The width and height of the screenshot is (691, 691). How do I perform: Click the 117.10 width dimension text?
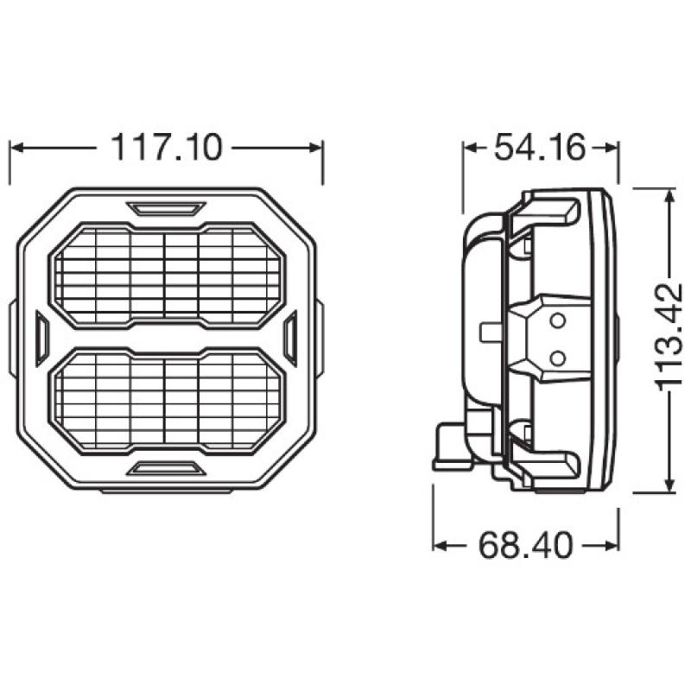click(x=166, y=147)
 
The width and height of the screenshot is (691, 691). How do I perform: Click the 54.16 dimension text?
click(x=541, y=147)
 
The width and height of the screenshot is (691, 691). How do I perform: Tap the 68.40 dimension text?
click(x=526, y=545)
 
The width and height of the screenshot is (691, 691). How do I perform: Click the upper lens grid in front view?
click(x=166, y=275)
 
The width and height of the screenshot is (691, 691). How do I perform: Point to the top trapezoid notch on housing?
click(x=166, y=208)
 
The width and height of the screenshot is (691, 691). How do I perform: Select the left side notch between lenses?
click(x=41, y=338)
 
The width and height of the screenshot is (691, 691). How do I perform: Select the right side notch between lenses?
click(x=290, y=338)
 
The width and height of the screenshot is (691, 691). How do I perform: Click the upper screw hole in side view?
click(x=557, y=322)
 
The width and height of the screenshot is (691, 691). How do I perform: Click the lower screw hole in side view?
click(x=557, y=355)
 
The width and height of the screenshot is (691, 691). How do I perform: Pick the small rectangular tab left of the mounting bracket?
click(x=489, y=332)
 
